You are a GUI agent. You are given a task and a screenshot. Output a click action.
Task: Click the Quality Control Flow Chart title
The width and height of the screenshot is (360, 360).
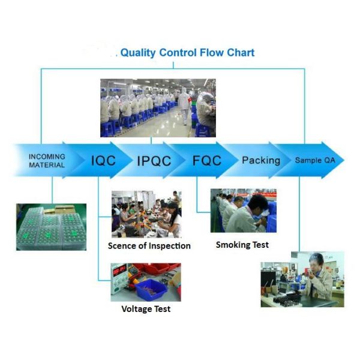tap(187, 53)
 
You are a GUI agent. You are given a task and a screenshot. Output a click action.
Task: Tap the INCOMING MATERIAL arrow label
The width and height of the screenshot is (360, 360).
tap(47, 160)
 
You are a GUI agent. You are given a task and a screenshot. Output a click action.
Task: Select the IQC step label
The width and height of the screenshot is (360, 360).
tap(103, 160)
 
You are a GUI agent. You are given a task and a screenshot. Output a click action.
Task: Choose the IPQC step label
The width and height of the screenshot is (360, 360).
tap(154, 161)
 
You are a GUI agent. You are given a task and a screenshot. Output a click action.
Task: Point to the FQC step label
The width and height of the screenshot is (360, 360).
tap(206, 160)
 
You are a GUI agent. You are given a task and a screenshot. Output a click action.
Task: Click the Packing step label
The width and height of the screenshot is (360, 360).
tap(260, 160)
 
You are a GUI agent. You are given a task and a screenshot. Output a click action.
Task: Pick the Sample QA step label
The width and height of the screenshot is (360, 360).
tap(319, 161)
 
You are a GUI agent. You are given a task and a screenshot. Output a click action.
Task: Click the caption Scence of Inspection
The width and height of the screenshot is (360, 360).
tap(149, 245)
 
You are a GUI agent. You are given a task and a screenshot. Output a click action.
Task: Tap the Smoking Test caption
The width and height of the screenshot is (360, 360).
tap(242, 245)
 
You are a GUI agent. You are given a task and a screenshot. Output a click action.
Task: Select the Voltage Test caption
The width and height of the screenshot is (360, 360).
tap(146, 308)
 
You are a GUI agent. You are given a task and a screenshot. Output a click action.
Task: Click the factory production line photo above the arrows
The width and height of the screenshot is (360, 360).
tap(157, 107)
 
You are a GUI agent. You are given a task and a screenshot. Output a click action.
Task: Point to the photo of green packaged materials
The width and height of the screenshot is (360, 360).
tap(51, 227)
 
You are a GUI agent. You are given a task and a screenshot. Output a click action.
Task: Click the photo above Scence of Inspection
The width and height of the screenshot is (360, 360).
tap(146, 214)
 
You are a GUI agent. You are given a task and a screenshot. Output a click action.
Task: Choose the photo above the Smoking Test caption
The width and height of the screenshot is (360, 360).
tap(243, 211)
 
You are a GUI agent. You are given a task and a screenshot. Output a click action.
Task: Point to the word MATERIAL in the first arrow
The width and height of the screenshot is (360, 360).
tap(47, 164)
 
